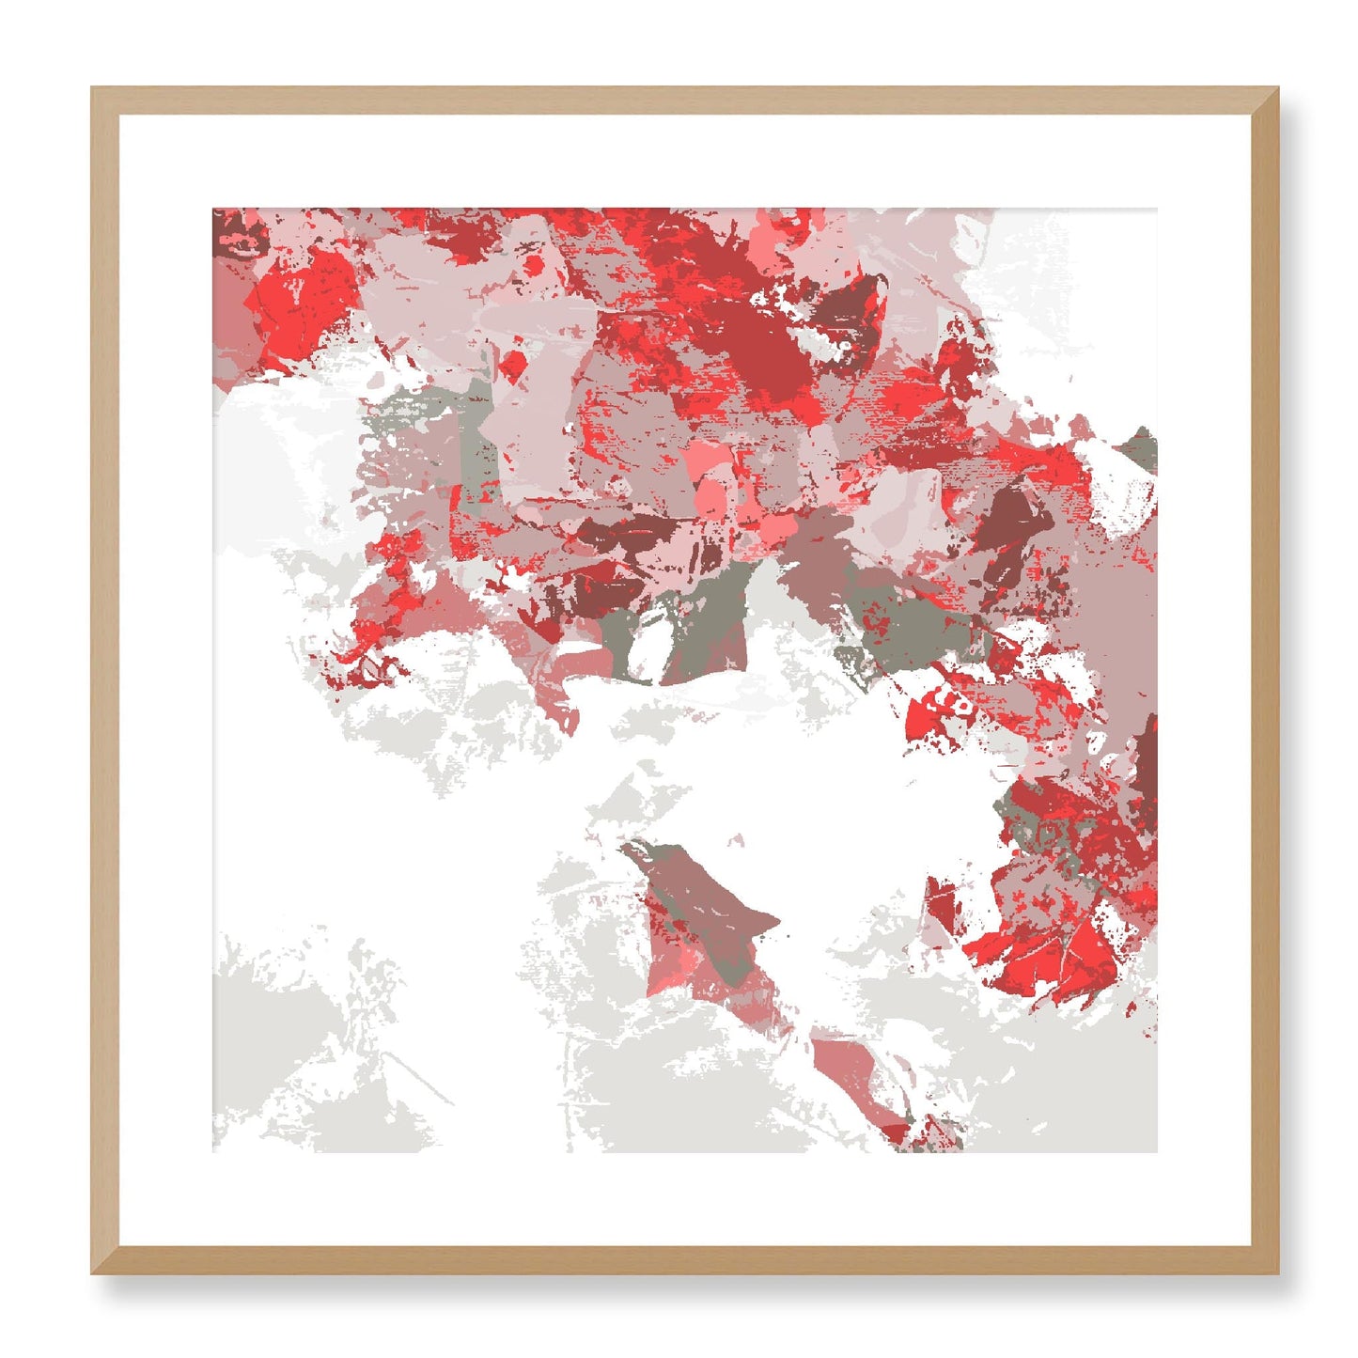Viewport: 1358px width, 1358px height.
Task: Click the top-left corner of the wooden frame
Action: point(92,88)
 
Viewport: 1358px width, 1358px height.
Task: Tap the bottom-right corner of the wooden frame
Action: point(1278,1273)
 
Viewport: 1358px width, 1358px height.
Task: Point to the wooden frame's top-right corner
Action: point(1278,88)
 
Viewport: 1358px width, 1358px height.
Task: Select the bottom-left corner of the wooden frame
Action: point(92,1273)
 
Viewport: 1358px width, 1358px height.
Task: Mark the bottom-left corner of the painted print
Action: point(214,1150)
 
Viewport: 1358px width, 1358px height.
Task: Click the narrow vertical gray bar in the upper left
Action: point(471,442)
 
